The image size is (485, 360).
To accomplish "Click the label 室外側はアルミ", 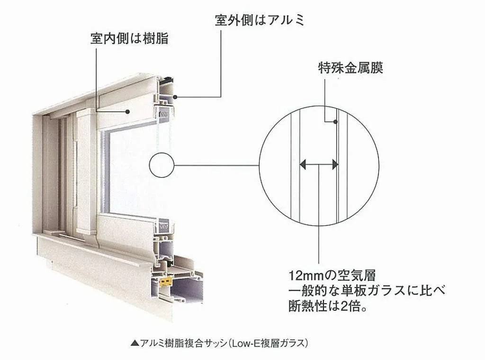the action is [260, 20].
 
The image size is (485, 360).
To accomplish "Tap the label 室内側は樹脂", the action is [129, 39].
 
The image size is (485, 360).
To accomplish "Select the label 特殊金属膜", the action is [350, 68].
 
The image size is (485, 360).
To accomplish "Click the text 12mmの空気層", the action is [332, 275].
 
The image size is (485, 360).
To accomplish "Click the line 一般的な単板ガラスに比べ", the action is [367, 290].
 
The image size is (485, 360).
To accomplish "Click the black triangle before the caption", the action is [135, 343].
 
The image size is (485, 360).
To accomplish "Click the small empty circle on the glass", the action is [162, 165].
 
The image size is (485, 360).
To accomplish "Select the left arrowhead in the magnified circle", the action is [303, 164].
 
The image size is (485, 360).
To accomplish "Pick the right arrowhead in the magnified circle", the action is [335, 164].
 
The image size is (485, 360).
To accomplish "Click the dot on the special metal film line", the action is [336, 122].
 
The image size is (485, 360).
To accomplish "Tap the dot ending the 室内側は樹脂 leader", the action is [127, 112].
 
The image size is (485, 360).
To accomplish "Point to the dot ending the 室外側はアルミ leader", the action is [175, 97].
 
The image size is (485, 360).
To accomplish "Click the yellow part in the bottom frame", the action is [166, 281].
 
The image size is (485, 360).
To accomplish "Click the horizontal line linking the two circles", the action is [216, 165].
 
